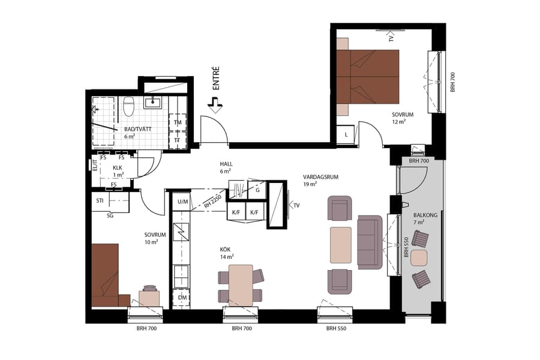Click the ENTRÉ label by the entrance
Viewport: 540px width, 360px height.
coord(216,79)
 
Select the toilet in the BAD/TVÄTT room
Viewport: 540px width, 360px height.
coord(128,106)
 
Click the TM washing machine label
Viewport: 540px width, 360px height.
coord(178,123)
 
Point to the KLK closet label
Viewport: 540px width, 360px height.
coord(118,168)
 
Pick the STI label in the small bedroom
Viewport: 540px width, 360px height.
coord(100,200)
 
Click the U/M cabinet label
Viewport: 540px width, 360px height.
coord(181,202)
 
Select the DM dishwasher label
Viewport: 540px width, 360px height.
coord(181,298)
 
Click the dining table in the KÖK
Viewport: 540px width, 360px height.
coord(241,286)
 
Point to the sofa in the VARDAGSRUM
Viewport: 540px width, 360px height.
coord(369,242)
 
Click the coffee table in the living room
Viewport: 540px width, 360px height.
coord(340,245)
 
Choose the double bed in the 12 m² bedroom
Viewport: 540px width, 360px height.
coord(368,77)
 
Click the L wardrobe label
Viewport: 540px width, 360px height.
coord(346,135)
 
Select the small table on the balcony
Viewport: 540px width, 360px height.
coord(419,259)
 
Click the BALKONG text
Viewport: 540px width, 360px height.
coord(425,215)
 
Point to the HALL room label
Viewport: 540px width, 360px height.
coord(226,164)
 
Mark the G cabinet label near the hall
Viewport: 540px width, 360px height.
coord(257,190)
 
